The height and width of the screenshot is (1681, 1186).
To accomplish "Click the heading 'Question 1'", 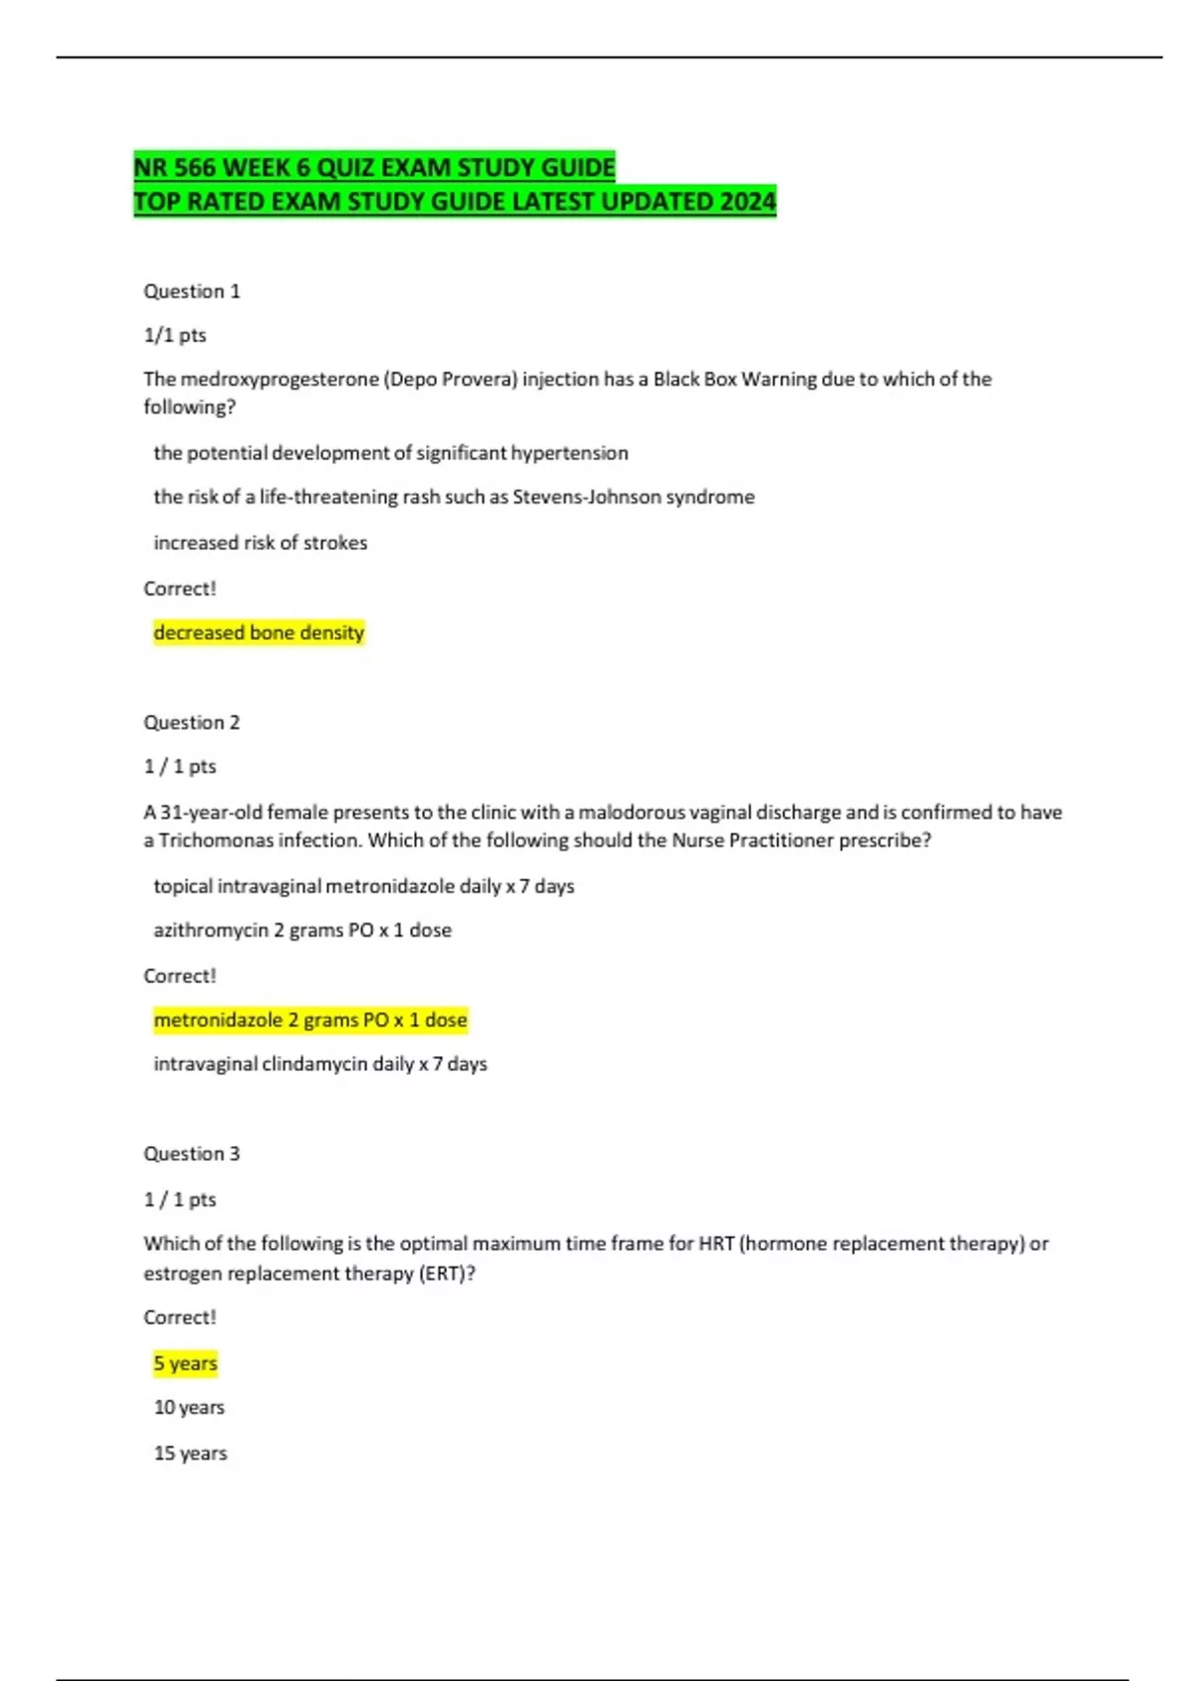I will (192, 291).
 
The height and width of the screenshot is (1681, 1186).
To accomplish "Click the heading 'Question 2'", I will (192, 722).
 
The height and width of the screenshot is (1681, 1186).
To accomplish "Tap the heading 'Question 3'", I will (192, 1153).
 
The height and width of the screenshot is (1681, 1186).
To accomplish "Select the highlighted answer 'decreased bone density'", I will (259, 632).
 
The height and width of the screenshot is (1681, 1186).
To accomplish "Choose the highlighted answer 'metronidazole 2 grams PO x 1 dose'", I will (309, 1019).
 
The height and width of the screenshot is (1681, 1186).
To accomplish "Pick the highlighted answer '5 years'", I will (185, 1363).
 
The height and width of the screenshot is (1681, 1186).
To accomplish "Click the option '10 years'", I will (189, 1407).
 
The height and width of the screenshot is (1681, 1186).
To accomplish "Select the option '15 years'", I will (190, 1453).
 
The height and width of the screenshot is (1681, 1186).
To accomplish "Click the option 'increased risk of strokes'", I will (260, 542).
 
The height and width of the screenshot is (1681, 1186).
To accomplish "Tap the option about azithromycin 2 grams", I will (302, 929).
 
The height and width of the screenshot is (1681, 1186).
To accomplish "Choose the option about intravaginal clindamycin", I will (320, 1064).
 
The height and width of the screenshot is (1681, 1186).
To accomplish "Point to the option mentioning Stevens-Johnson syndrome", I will (454, 496).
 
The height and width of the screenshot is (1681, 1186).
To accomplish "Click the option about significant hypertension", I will (390, 453).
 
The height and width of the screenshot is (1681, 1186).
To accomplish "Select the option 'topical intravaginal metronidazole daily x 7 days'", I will (364, 886).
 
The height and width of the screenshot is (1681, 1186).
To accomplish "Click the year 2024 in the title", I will (747, 202).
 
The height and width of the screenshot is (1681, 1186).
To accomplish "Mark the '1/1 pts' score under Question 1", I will (175, 335).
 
